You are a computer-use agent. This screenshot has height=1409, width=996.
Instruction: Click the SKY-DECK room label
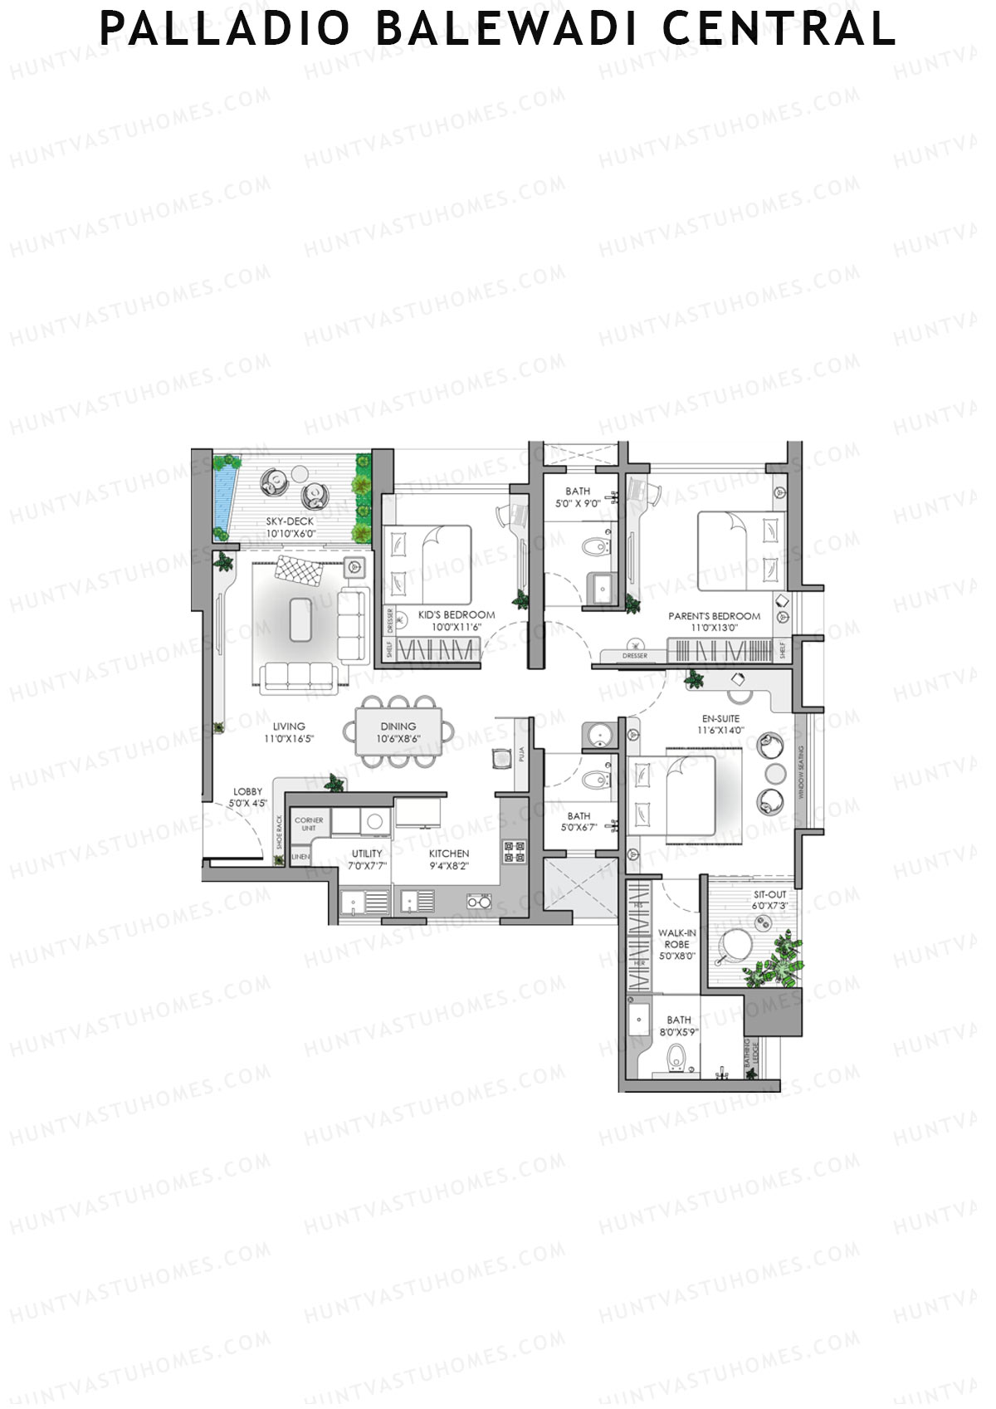pyautogui.click(x=290, y=521)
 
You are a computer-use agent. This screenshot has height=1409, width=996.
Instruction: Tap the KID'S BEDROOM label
pyautogui.click(x=456, y=615)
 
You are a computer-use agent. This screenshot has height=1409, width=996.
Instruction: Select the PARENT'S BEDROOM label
pyautogui.click(x=714, y=616)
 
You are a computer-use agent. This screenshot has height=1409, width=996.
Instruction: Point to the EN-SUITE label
pyautogui.click(x=720, y=719)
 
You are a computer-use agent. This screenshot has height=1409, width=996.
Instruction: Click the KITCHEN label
pyautogui.click(x=449, y=854)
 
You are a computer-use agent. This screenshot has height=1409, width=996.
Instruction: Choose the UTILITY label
pyautogui.click(x=367, y=854)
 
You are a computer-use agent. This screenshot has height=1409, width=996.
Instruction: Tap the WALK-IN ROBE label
pyautogui.click(x=676, y=938)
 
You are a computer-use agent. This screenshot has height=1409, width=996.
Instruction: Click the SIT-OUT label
pyautogui.click(x=769, y=895)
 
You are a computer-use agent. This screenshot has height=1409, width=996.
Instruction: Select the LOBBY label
pyautogui.click(x=247, y=792)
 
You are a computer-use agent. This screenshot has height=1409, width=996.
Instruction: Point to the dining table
pyautogui.click(x=398, y=731)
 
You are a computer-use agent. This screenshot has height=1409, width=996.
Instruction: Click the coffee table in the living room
pyautogui.click(x=302, y=619)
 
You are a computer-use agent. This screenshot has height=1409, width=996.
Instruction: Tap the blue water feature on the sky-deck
pyautogui.click(x=222, y=496)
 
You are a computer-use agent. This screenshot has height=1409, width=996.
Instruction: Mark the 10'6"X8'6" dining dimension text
pyautogui.click(x=398, y=738)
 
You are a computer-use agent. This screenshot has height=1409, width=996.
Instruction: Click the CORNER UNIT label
pyautogui.click(x=309, y=824)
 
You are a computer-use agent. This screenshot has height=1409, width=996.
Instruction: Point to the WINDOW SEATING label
pyautogui.click(x=802, y=772)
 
